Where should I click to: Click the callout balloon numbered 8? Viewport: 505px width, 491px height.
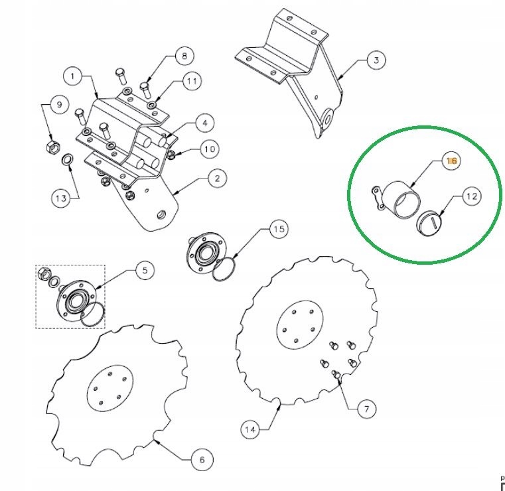pyautogui.click(x=184, y=56)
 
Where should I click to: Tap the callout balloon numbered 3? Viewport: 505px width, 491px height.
pyautogui.click(x=376, y=60)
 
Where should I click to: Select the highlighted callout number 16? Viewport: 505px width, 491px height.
pyautogui.click(x=451, y=161)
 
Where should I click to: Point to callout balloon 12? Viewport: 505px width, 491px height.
pyautogui.click(x=472, y=196)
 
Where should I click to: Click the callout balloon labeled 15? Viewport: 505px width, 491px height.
pyautogui.click(x=279, y=229)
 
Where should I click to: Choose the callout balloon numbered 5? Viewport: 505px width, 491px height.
pyautogui.click(x=145, y=270)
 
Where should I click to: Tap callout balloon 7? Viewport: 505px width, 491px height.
pyautogui.click(x=366, y=409)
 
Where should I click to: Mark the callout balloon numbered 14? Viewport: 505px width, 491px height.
pyautogui.click(x=250, y=429)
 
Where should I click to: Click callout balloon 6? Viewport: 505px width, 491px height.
pyautogui.click(x=202, y=459)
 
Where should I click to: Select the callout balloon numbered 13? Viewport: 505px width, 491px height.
pyautogui.click(x=61, y=198)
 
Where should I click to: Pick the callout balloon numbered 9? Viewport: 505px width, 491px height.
pyautogui.click(x=59, y=104)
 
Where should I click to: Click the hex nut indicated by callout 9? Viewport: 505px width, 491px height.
pyautogui.click(x=53, y=147)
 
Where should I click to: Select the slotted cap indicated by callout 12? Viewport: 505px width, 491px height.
pyautogui.click(x=429, y=222)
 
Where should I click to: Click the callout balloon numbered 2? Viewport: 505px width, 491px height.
pyautogui.click(x=217, y=178)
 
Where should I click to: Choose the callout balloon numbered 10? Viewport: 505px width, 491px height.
pyautogui.click(x=210, y=149)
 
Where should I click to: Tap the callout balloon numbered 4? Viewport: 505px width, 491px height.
pyautogui.click(x=205, y=123)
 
